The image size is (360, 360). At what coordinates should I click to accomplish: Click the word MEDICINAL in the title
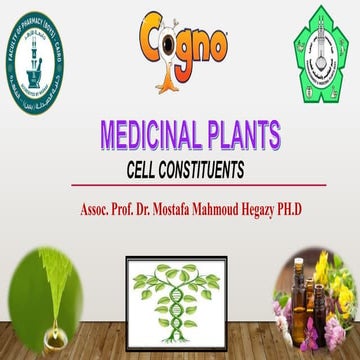pyautogui.click(x=153, y=134)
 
